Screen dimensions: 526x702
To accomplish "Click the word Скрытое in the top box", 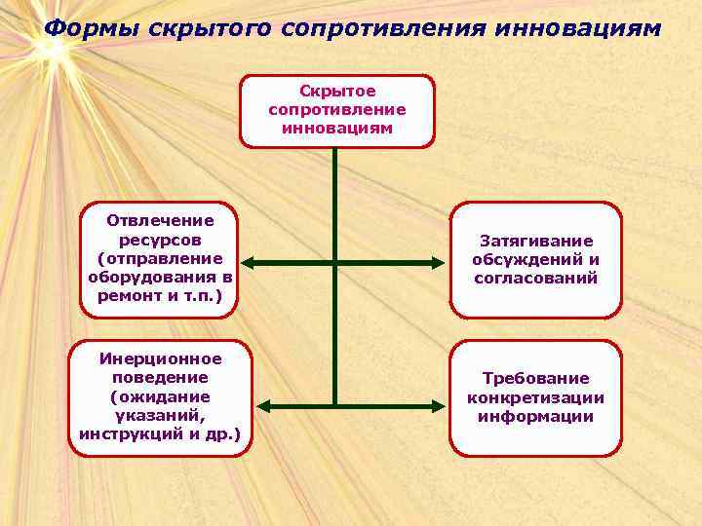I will (336, 91).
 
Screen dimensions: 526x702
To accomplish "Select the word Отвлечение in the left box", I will (160, 221).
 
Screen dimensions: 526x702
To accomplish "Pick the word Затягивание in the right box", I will (535, 241).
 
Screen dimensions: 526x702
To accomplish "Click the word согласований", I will (535, 278).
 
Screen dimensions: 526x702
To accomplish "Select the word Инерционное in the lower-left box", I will (160, 359).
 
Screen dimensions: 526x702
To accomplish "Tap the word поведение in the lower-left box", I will (160, 378).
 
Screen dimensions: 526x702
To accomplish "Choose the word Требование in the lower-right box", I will (535, 379).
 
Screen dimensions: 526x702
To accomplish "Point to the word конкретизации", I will (535, 397).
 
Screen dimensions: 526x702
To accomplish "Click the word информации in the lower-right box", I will (535, 416).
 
